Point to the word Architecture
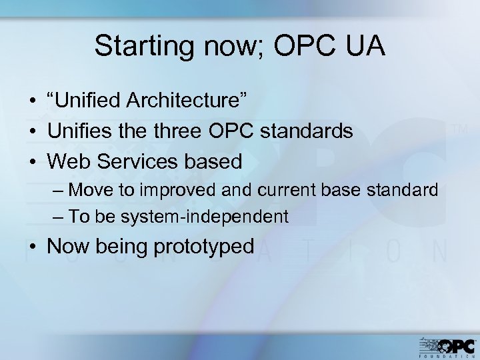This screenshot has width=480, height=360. pyautogui.click(x=188, y=101)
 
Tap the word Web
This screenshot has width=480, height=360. pyautogui.click(x=68, y=161)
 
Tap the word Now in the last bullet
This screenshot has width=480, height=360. pyautogui.click(x=69, y=247)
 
